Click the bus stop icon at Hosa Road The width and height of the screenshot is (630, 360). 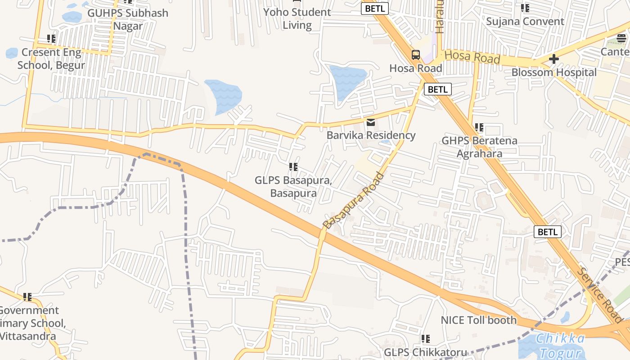[416, 55]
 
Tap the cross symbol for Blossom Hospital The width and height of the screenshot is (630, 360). [554, 59]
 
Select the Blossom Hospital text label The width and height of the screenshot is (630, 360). [554, 72]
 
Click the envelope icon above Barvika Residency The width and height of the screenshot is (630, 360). [371, 122]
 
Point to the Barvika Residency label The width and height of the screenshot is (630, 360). [371, 135]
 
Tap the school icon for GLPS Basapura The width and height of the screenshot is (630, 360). [293, 167]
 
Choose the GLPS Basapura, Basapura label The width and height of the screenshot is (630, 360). [293, 187]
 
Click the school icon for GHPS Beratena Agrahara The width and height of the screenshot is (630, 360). [479, 128]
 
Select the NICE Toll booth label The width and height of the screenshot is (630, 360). [478, 320]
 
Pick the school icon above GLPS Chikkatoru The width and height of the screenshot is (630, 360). [426, 339]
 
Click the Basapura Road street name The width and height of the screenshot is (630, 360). [354, 201]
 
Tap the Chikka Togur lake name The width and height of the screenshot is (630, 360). [561, 346]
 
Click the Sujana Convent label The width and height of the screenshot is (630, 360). [525, 22]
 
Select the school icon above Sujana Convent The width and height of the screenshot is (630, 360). [525, 8]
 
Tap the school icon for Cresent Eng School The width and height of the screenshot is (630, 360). [51, 39]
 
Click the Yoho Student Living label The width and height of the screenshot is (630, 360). [297, 18]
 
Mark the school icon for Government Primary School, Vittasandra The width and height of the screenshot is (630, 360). [28, 297]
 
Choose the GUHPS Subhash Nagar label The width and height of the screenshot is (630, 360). [128, 19]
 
